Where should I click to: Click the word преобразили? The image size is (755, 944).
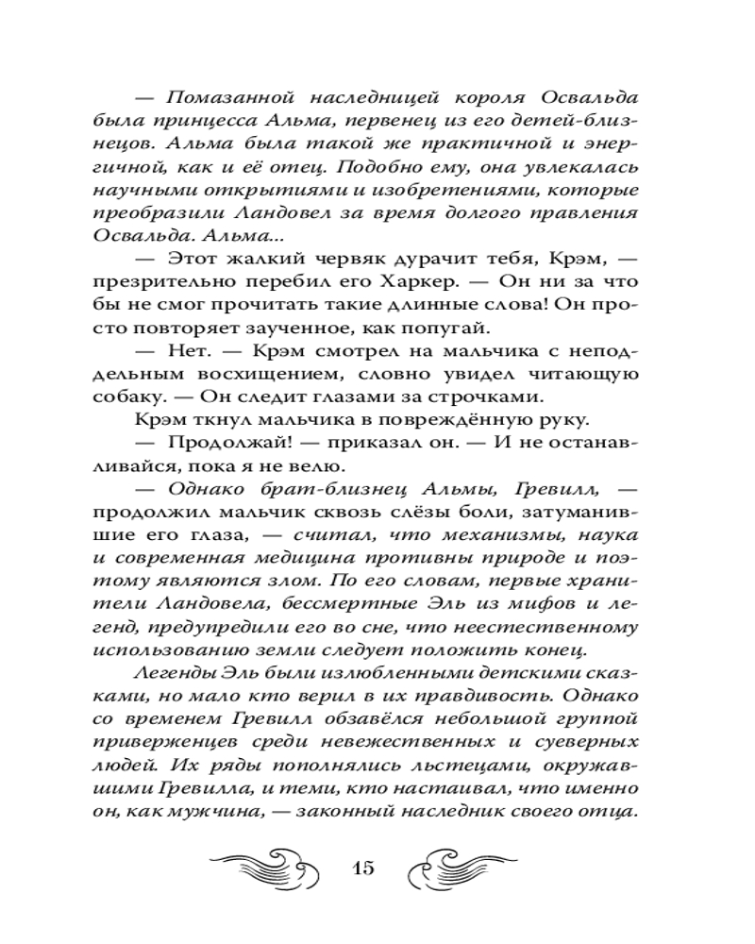click(175, 213)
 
